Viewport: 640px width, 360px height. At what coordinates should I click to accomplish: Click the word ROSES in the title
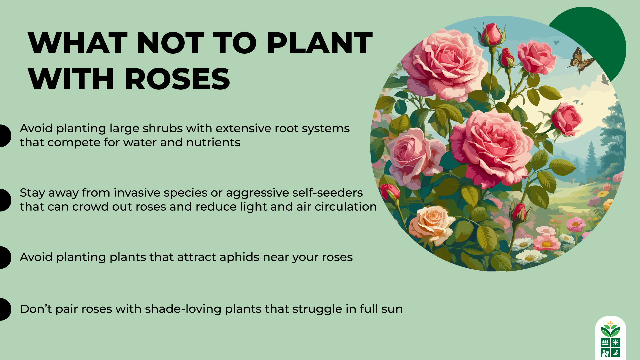pyautogui.click(x=177, y=79)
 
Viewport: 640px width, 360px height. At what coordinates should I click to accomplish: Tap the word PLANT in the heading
pyautogui.click(x=319, y=43)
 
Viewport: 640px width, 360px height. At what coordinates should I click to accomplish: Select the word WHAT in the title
pyautogui.click(x=78, y=43)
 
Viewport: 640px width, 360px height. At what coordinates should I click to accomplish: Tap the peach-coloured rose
pyautogui.click(x=431, y=223)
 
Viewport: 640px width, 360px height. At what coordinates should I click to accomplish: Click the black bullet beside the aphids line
pyautogui.click(x=5, y=257)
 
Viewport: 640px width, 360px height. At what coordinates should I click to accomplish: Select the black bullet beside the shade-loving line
pyautogui.click(x=5, y=309)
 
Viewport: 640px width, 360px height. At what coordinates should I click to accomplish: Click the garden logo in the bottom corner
pyautogui.click(x=610, y=338)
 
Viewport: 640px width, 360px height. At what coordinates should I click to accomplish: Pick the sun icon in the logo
pyautogui.click(x=615, y=342)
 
